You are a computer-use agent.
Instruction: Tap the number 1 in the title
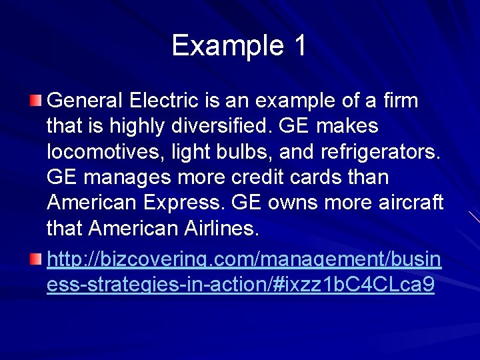(299, 46)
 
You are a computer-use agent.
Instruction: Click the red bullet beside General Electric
(35, 101)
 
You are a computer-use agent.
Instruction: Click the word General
(85, 101)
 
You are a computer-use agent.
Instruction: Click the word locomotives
(100, 152)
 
